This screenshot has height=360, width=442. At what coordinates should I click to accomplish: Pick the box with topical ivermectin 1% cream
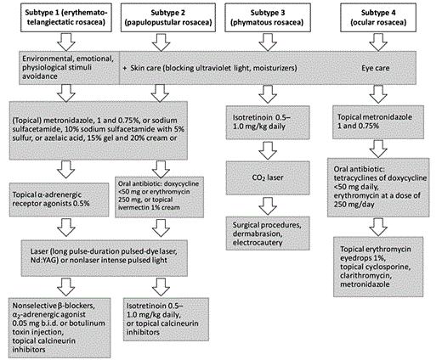pos(162,193)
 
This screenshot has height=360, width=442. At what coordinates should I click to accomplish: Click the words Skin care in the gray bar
pos(150,64)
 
